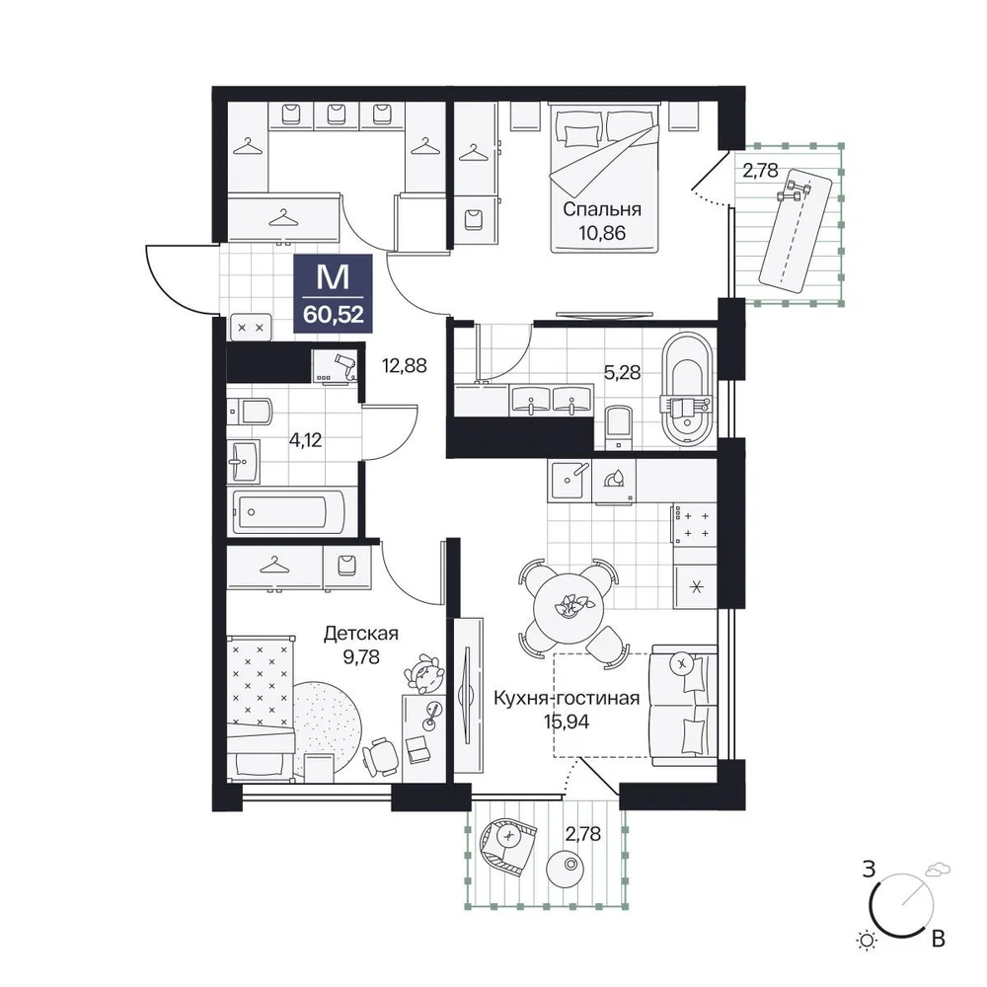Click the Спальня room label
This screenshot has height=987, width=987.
click(602, 209)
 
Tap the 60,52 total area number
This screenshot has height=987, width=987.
click(333, 314)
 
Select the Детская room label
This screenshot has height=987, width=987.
click(360, 633)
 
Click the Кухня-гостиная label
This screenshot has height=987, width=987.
click(567, 698)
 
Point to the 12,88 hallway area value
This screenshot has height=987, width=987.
click(405, 365)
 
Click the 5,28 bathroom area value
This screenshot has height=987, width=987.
click(622, 373)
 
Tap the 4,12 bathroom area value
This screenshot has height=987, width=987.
click(305, 440)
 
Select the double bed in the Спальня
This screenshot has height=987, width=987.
click(605, 177)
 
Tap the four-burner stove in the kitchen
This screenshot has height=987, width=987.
click(695, 524)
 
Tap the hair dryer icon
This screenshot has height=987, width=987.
click(344, 364)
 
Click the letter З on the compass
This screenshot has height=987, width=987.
click(870, 870)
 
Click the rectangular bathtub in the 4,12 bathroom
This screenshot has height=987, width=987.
click(288, 512)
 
